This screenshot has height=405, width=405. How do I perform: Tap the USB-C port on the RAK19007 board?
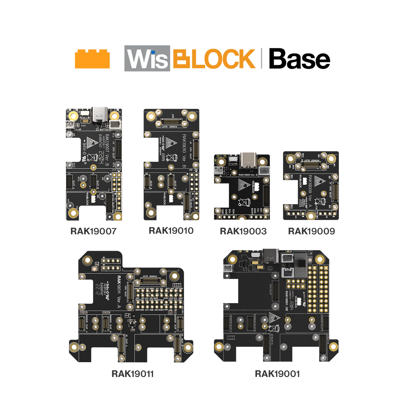click(100, 114)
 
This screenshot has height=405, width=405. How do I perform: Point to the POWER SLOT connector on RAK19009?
click(311, 165)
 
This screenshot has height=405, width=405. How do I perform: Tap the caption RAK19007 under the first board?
click(94, 231)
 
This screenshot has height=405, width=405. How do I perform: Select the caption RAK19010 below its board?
click(171, 231)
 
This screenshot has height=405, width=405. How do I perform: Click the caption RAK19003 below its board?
click(243, 231)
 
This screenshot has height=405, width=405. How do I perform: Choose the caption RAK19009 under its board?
click(312, 231)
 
